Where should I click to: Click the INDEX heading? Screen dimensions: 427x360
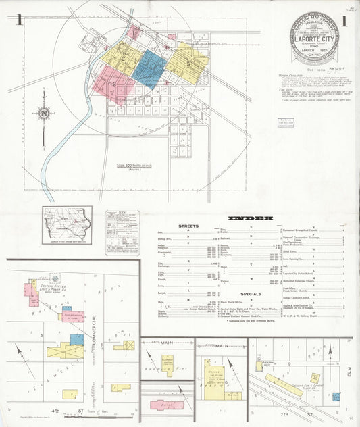tap(251, 218)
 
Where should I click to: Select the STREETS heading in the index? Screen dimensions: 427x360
tap(188, 226)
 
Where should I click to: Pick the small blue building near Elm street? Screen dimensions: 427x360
tap(336, 397)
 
